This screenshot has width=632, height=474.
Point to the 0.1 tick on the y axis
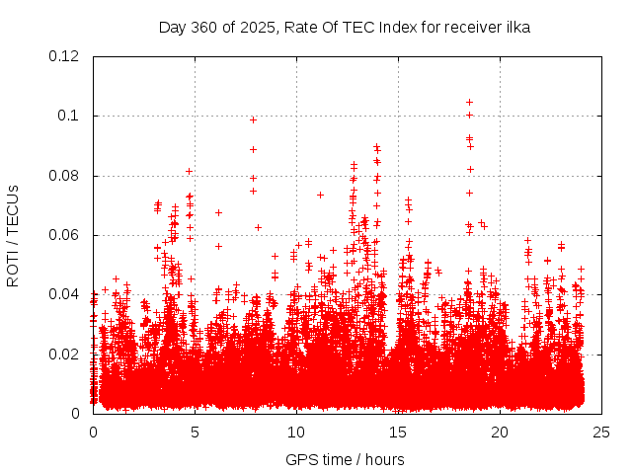68,116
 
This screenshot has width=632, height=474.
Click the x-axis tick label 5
195,432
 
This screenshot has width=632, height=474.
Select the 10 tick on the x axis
296,432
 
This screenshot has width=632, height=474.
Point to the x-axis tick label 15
398,432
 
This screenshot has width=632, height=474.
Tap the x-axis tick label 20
500,432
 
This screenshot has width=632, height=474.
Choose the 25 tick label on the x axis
601,432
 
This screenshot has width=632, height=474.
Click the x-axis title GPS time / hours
345,459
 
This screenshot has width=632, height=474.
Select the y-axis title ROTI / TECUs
13,235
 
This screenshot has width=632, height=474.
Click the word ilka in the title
516,28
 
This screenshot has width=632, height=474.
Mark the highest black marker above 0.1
469,102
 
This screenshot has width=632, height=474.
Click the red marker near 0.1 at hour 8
253,119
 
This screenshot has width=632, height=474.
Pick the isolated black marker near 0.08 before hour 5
189,171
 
